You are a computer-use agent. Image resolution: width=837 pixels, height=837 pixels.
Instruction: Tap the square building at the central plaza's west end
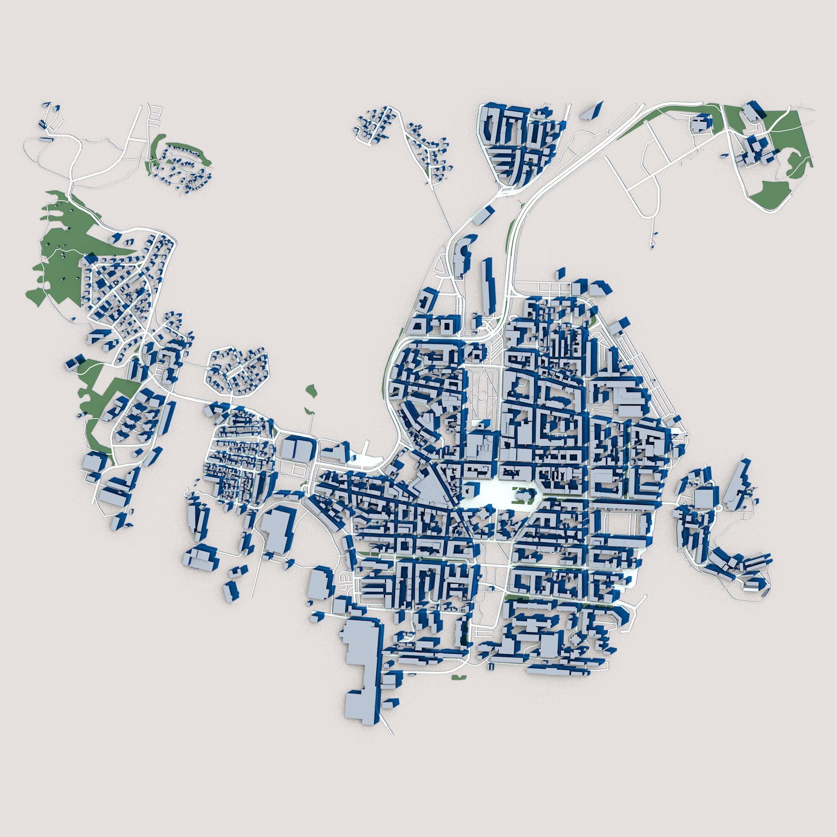[469, 492]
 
